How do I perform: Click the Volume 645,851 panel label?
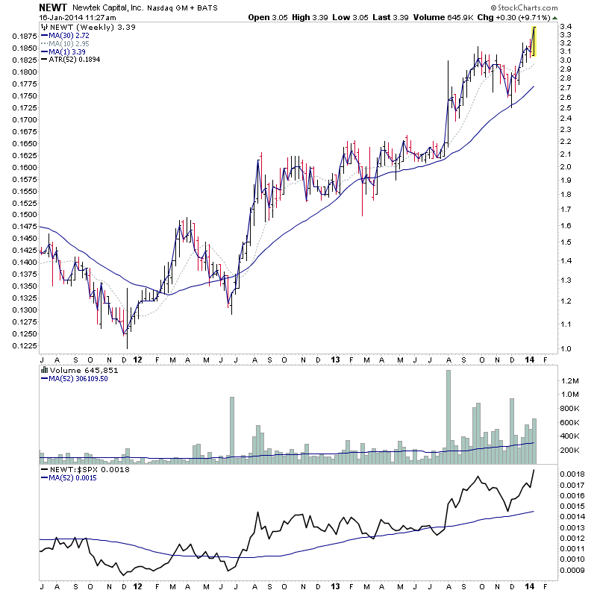coord(73,371)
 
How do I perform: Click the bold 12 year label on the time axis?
coord(138,359)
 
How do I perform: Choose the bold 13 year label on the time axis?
coord(334,359)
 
